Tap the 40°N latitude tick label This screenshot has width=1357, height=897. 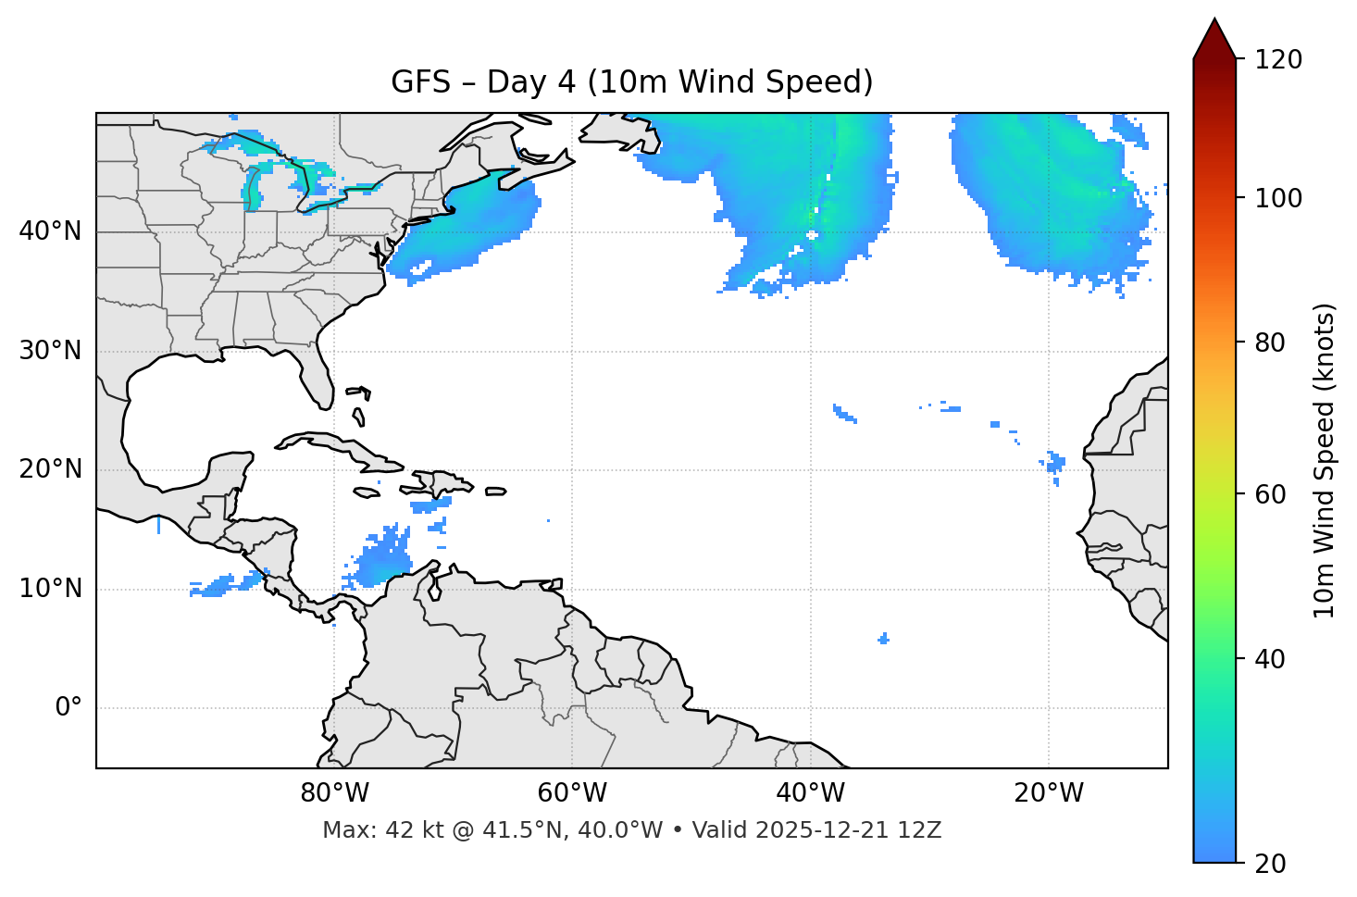(50, 230)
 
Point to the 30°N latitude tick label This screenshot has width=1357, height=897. (50, 351)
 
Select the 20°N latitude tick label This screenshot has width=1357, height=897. (50, 469)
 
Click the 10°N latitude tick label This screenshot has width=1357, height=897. (50, 589)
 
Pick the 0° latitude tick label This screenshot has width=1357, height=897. (68, 708)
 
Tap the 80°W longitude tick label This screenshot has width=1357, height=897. (334, 793)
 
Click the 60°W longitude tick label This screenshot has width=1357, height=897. (572, 793)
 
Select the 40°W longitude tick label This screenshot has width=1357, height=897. (810, 793)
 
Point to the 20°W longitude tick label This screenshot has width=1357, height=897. (1048, 793)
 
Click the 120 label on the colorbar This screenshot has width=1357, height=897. (1278, 60)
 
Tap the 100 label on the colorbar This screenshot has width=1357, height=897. (1278, 198)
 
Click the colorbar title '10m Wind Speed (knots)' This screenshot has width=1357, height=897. (1325, 460)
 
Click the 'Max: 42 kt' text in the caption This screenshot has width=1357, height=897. (364, 830)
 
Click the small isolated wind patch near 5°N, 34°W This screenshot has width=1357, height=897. (884, 638)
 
